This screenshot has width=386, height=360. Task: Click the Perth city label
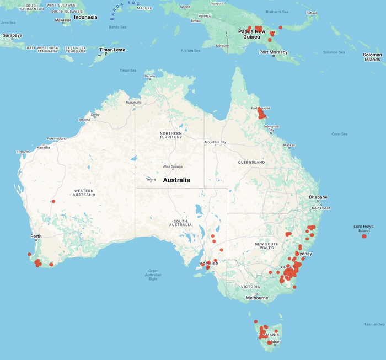(x=36, y=237)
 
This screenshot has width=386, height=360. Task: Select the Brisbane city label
(x=318, y=197)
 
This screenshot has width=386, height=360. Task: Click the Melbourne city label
(x=257, y=298)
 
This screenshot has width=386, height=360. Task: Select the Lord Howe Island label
(x=364, y=228)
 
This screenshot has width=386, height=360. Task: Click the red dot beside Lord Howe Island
(x=364, y=237)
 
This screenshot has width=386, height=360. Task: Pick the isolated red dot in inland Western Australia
(x=53, y=201)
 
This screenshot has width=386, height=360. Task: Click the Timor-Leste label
(x=112, y=50)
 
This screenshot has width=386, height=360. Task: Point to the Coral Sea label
(x=339, y=133)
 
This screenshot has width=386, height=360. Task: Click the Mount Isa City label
(x=216, y=142)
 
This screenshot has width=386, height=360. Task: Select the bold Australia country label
(x=176, y=180)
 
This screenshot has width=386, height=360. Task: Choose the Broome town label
(x=84, y=120)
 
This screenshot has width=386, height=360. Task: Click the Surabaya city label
(x=12, y=35)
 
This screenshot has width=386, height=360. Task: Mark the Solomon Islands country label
(x=372, y=57)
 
